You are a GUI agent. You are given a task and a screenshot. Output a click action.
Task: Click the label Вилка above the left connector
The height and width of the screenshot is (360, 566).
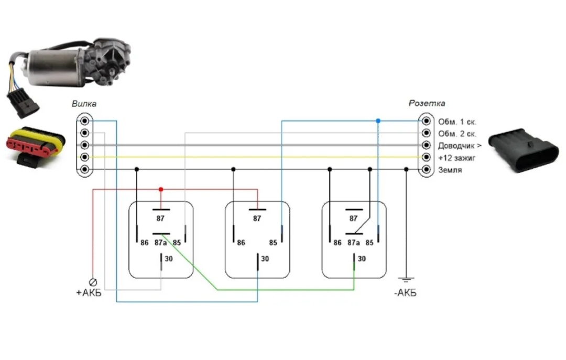(84, 104)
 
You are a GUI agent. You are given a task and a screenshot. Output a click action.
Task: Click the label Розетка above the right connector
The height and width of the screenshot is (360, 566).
(427, 104)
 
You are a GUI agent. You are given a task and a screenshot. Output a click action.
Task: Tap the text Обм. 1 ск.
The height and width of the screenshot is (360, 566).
(457, 122)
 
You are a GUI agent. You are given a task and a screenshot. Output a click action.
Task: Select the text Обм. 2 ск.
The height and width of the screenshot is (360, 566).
(457, 134)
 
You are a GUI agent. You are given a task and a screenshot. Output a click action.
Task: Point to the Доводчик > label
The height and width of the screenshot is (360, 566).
(459, 146)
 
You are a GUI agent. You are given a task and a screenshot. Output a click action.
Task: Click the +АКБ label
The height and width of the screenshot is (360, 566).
(89, 292)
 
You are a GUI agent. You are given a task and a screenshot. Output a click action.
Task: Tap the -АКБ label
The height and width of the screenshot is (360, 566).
(405, 293)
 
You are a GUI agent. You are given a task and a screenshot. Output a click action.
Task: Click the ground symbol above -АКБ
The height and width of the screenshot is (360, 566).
(406, 280)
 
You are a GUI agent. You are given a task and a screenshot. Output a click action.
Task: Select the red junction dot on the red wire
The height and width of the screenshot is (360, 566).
(161, 189)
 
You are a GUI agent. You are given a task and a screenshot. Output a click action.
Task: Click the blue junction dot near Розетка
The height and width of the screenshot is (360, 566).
(377, 121)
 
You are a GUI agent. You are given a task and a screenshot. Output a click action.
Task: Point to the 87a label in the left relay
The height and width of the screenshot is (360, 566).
(161, 243)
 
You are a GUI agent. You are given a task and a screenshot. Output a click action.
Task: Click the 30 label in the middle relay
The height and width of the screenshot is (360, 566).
(265, 259)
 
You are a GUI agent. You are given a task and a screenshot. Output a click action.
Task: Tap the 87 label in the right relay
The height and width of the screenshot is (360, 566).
(353, 219)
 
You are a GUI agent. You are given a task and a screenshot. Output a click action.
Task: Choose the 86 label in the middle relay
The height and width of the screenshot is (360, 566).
(241, 243)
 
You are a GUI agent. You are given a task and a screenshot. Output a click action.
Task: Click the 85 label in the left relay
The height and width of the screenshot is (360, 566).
(177, 243)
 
